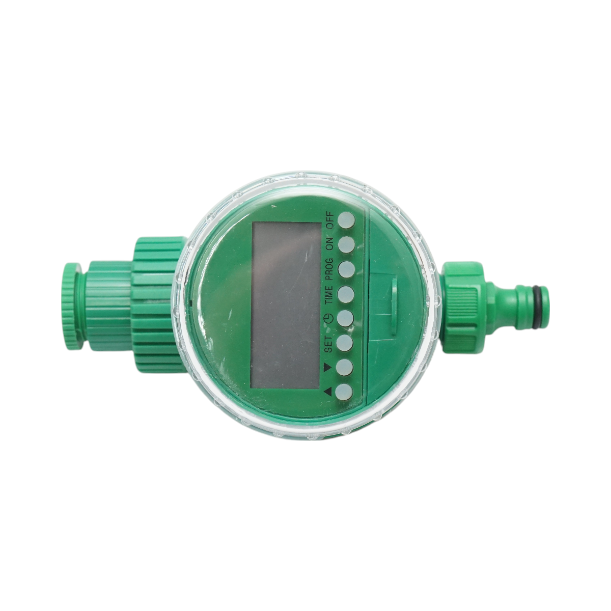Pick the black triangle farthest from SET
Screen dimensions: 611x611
327,391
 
